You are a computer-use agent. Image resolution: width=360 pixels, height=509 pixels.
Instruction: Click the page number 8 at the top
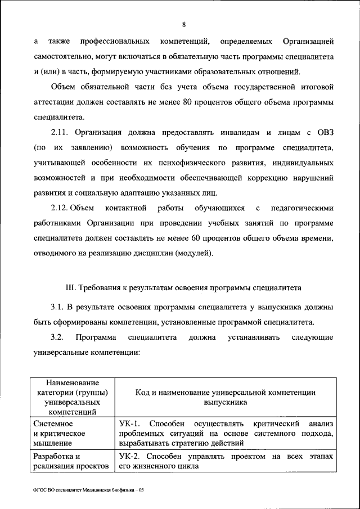click(x=184, y=24)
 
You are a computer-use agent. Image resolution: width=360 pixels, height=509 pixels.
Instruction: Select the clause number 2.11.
click(x=60, y=133)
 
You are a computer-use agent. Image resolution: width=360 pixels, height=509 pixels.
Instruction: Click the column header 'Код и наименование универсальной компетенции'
click(x=225, y=397)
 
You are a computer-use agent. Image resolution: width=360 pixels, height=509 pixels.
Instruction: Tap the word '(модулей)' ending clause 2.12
click(x=194, y=254)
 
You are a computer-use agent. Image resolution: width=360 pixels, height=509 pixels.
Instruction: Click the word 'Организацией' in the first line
click(x=308, y=42)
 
